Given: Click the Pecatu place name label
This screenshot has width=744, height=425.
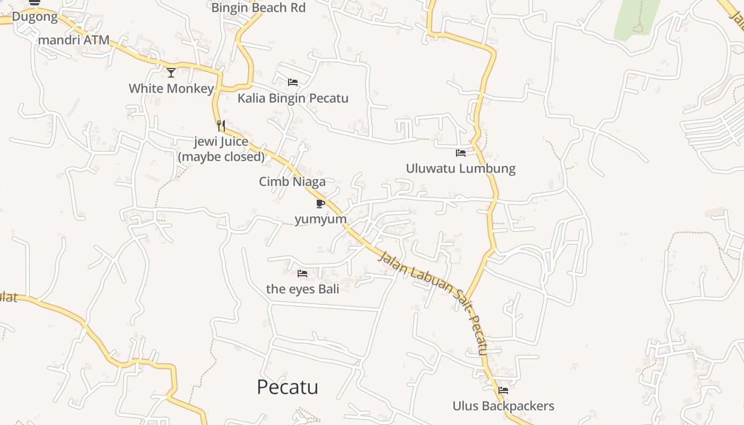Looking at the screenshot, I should tap(287, 387).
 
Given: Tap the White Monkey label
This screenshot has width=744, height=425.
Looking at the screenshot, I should tap(171, 88).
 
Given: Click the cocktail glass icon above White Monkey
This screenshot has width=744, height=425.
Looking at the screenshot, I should tap(171, 73).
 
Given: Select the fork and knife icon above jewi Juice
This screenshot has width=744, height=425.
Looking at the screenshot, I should tap(221, 126).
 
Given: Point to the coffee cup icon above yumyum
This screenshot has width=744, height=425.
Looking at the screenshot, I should tap(320, 203).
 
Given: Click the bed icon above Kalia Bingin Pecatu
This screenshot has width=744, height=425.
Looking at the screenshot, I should tap(293, 82).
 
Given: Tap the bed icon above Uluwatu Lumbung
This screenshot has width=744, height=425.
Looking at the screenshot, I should tap(461, 153).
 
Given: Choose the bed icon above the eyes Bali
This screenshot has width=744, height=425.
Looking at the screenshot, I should tap(302, 274).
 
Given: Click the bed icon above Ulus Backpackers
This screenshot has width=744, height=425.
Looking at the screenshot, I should tap(503, 390).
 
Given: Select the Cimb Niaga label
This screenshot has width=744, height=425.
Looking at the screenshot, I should tap(292, 182).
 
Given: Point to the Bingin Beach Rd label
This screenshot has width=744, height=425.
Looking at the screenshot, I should tap(258, 8).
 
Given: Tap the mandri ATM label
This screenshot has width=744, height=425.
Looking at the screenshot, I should tap(74, 40).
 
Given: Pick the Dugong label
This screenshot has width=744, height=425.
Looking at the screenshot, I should tap(35, 16).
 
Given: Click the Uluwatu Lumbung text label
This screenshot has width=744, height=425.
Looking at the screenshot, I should tap(461, 169).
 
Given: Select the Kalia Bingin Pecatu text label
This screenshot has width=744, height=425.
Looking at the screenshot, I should tap(293, 98).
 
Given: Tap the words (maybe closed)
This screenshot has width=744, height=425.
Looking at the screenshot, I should tap(221, 157).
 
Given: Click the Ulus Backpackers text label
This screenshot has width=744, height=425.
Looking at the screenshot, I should tap(503, 406).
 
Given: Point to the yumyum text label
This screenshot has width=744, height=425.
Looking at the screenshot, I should tap(320, 219).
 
